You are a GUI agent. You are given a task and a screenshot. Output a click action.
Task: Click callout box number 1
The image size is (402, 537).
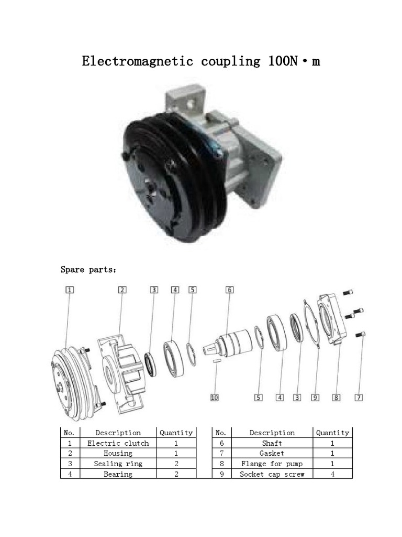tap(70, 289)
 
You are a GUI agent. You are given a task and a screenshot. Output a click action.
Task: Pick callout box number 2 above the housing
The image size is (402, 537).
tap(121, 289)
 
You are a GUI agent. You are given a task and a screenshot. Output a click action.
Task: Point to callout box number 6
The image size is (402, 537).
tap(229, 289)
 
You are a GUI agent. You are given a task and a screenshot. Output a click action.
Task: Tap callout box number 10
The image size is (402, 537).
tap(214, 398)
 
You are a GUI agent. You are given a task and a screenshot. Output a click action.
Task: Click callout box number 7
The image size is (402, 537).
tap(359, 398)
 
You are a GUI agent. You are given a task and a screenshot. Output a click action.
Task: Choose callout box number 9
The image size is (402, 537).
tap(315, 398)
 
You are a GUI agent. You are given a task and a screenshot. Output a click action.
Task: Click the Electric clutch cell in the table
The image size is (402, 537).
tap(118, 443)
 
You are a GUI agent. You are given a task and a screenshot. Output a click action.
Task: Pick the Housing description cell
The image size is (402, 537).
tap(118, 453)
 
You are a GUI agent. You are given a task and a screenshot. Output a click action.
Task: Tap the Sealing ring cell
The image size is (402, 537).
tap(118, 464)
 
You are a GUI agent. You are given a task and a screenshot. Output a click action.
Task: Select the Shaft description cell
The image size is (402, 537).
tap(272, 443)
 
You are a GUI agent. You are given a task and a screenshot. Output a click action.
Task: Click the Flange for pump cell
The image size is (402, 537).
tap(272, 464)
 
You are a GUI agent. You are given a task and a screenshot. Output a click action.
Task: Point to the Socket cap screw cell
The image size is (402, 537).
tap(272, 474)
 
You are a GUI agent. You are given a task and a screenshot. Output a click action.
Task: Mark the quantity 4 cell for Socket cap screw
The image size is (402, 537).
tap(332, 474)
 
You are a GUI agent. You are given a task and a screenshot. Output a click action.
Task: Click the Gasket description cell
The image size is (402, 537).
tap(272, 453)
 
